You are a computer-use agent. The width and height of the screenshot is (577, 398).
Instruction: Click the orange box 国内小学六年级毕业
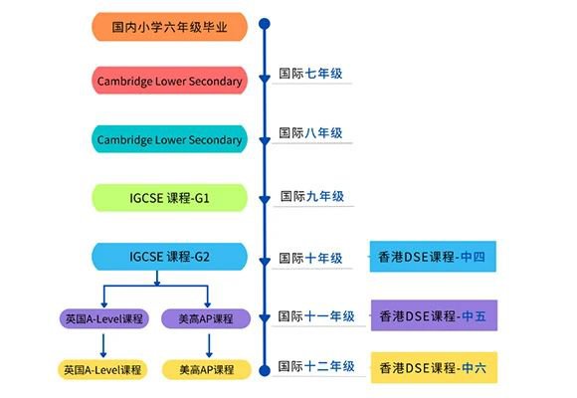169,27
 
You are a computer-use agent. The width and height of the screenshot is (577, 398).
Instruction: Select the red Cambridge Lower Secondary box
169,81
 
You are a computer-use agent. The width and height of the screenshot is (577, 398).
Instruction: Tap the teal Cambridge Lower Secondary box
169,139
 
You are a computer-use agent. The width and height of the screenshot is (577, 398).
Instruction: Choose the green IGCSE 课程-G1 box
169,198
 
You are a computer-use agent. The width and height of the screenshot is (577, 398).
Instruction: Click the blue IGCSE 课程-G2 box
169,257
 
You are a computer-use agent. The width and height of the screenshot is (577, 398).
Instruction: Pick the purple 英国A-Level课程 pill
104,318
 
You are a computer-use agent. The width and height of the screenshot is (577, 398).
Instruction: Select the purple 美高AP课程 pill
206,318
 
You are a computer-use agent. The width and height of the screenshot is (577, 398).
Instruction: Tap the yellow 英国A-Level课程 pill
102,370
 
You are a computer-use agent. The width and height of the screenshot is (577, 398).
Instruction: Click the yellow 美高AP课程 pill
207,370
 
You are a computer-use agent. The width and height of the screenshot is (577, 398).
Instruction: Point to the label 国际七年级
310,74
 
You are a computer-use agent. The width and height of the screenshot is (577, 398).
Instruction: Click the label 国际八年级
310,132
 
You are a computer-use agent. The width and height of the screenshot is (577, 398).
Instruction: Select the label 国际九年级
312,196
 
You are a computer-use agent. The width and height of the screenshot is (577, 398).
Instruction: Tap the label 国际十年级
310,258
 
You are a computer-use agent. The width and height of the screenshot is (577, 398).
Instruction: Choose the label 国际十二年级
316,366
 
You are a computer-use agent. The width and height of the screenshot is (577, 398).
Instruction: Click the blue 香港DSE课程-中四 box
433,257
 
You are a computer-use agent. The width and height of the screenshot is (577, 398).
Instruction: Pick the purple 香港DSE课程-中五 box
434,315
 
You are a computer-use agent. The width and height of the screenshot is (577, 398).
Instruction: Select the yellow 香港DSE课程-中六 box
434,367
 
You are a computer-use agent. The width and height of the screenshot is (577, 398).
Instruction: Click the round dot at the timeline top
265,24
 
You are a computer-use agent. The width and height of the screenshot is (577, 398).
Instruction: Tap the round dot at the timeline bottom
265,370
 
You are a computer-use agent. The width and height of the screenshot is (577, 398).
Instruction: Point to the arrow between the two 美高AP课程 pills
209,345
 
